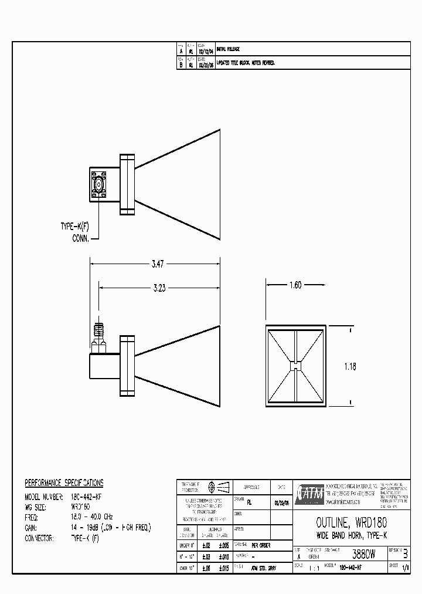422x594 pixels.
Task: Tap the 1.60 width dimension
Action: tap(295, 285)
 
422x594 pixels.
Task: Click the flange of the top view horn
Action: tap(127, 184)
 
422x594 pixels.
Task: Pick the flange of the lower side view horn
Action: tap(127, 365)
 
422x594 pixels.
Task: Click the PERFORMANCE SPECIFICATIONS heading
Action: tap(64, 483)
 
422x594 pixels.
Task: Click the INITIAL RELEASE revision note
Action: tap(229, 49)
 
